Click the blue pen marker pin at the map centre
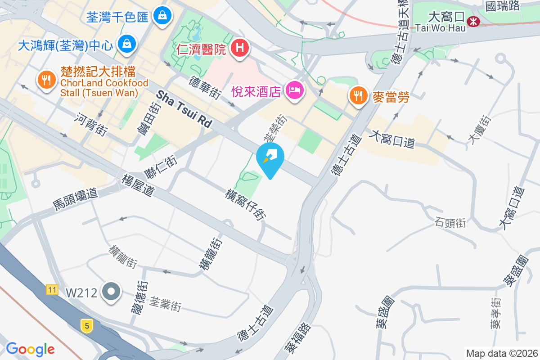coord(270,158)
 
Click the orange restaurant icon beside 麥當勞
coord(358,96)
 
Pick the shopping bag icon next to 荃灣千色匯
coord(162,16)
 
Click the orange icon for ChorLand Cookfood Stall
coord(46,81)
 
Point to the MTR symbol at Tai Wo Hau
coord(473,21)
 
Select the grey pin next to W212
coord(111,292)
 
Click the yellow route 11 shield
coord(52,290)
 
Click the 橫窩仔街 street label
coord(245,205)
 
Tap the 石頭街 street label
coord(450,222)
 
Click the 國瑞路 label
coord(503,6)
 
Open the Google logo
coord(30,349)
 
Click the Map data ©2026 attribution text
coord(502,353)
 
